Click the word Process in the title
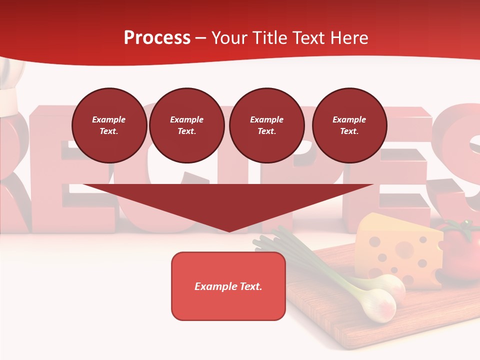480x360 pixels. coord(157,37)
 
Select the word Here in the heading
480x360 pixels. coord(348,37)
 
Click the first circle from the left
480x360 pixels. coord(109,125)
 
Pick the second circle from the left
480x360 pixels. coord(186,125)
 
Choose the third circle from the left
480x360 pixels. coord(266,125)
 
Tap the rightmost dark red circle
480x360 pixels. coord(349,125)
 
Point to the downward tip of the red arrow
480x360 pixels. coord(229,230)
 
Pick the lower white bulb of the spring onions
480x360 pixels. coord(377,307)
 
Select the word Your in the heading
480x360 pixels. coord(229,37)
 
